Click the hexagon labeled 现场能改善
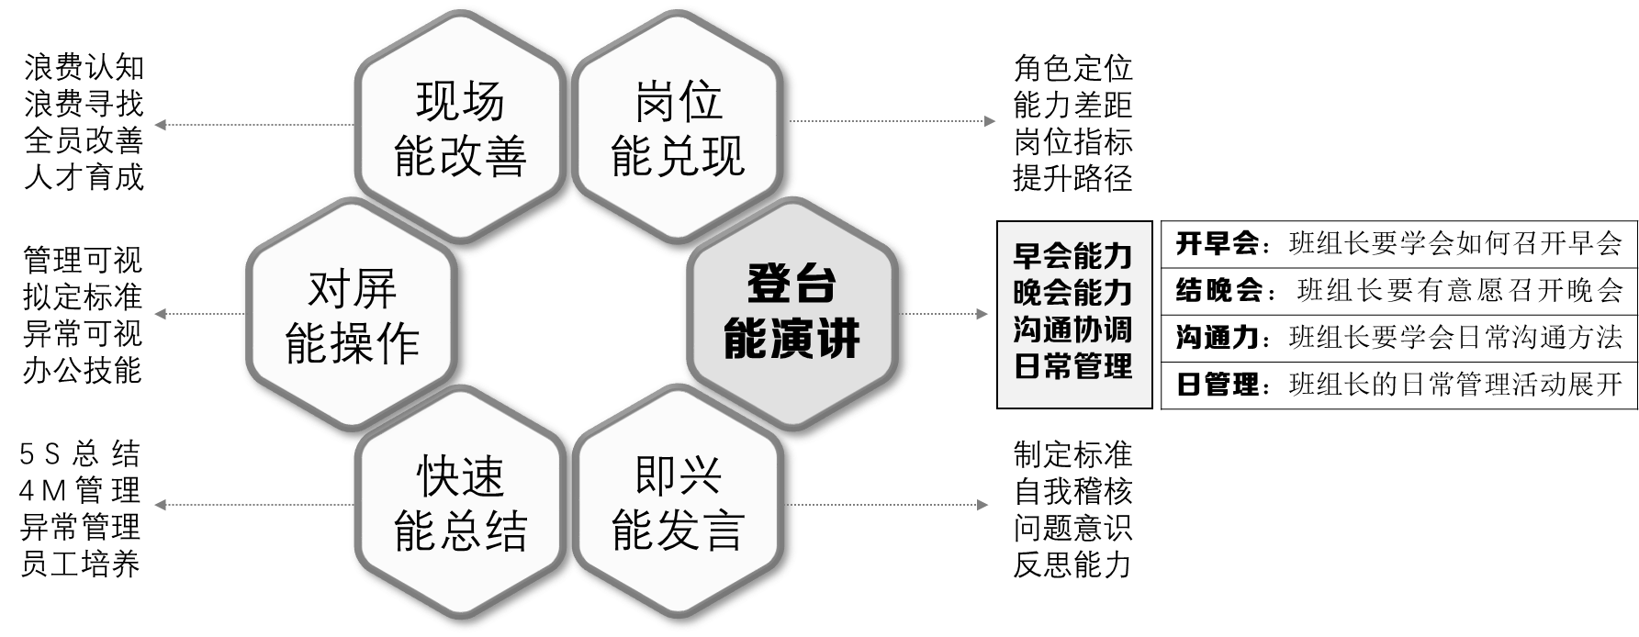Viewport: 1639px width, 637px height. tap(460, 129)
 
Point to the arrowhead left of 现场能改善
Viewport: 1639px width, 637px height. tap(160, 125)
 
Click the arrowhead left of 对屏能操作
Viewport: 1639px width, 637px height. tap(160, 314)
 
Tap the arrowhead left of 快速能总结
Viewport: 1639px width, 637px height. tap(160, 505)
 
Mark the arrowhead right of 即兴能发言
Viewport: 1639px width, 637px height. tap(983, 505)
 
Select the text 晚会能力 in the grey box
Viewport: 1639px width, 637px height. tap(1073, 293)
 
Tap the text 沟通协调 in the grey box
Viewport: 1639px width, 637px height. tap(1073, 330)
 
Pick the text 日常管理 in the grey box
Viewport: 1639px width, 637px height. tap(1073, 367)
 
